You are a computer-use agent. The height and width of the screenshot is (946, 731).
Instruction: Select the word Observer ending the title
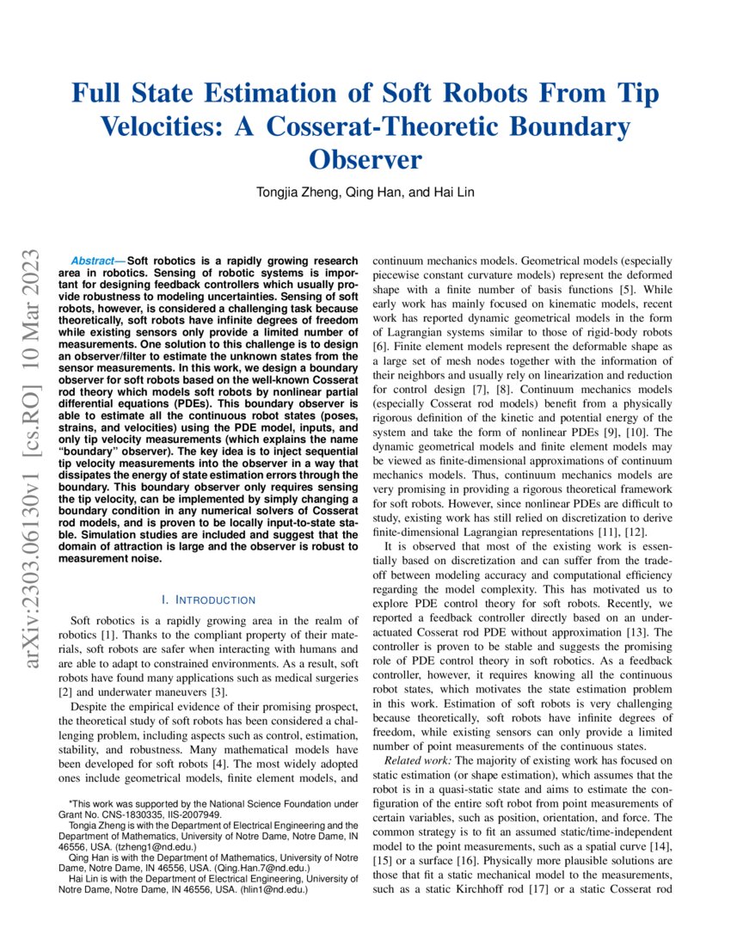(x=365, y=160)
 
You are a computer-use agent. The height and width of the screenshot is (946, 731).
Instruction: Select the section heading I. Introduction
(x=208, y=599)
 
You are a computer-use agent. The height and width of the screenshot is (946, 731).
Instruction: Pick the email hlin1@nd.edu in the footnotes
(x=277, y=891)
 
